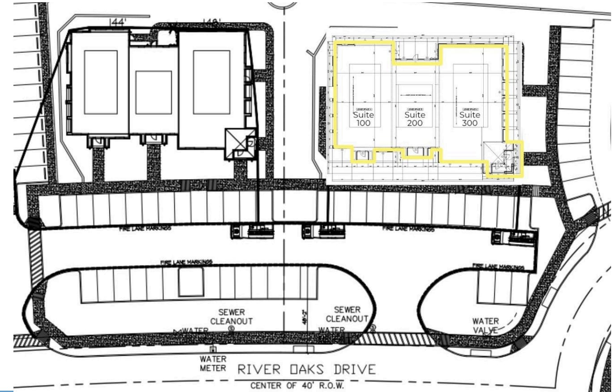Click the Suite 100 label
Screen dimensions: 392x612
tap(363, 119)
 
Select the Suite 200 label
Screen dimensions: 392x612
tap(415, 119)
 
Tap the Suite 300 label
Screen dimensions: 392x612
tap(470, 119)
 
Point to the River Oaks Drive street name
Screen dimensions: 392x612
tap(306, 370)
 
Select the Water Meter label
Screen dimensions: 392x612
tap(213, 363)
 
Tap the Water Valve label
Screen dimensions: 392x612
tap(485, 325)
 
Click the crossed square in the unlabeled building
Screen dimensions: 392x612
tap(240, 144)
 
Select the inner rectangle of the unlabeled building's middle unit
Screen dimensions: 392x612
tap(153, 93)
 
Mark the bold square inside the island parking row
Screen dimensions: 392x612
tap(191, 282)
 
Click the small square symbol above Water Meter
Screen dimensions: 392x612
tap(213, 349)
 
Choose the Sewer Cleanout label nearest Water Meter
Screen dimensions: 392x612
tap(231, 316)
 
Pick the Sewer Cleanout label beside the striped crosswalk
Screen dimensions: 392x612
tap(347, 314)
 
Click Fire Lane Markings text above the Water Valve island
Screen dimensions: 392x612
tap(498, 267)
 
